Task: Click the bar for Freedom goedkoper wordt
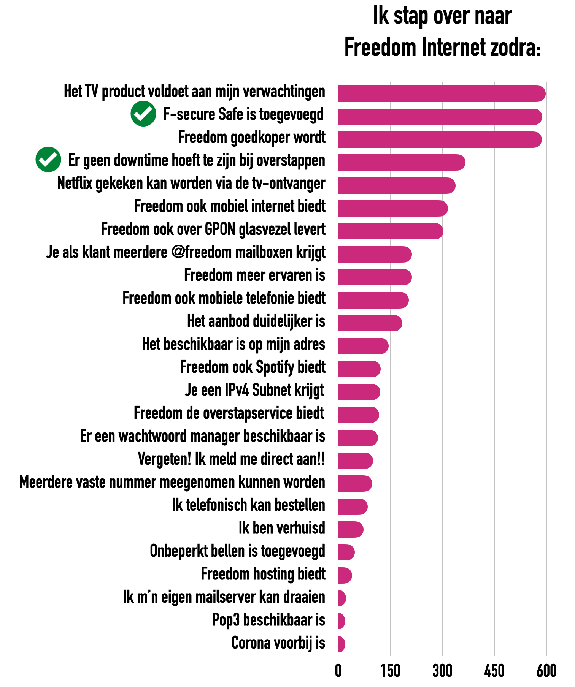tap(439, 139)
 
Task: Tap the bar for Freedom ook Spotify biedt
tap(359, 369)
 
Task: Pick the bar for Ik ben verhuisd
tap(350, 529)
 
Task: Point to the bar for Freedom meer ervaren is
tap(375, 277)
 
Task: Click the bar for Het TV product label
tap(441, 94)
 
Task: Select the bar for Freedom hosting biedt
tap(345, 575)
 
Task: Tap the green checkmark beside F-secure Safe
tap(143, 114)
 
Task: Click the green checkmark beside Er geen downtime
tap(48, 160)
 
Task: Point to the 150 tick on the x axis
tap(390, 671)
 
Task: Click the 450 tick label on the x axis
tap(494, 671)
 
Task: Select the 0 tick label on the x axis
tap(338, 671)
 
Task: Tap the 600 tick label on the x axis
tap(546, 671)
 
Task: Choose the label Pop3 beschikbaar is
tap(268, 620)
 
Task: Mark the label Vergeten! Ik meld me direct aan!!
tap(231, 459)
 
